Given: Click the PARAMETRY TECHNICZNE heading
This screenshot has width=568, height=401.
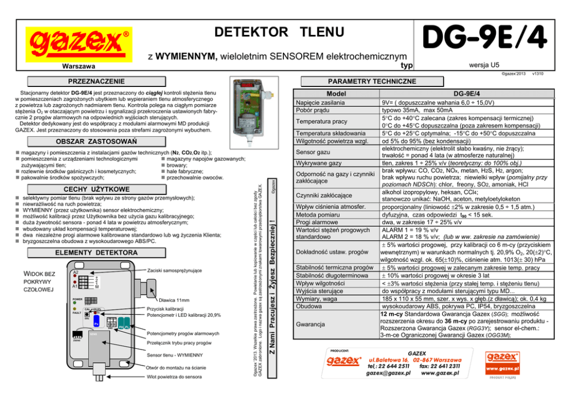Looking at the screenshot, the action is pos(380,82).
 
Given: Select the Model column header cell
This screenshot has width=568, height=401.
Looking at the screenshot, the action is pos(336,94).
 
